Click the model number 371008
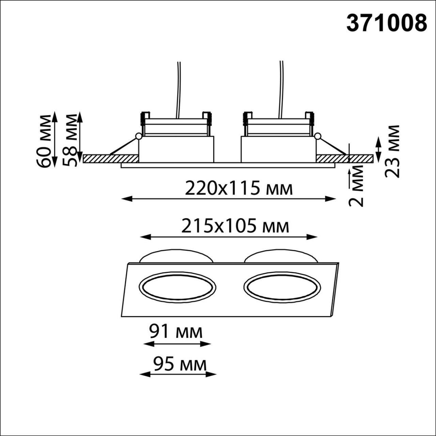(386, 23)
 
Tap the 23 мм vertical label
(393, 151)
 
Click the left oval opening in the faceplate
(177, 288)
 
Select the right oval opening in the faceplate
(283, 288)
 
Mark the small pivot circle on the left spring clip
(138, 136)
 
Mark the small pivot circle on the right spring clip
(317, 136)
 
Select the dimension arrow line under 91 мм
(177, 344)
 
